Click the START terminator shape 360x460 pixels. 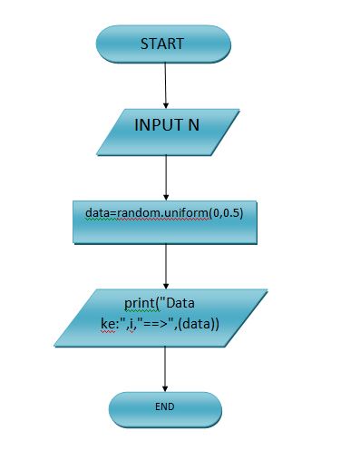pyautogui.click(x=163, y=44)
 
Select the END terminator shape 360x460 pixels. pyautogui.click(x=165, y=408)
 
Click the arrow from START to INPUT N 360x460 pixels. pyautogui.click(x=165, y=86)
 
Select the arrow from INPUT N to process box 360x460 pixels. pyautogui.click(x=165, y=177)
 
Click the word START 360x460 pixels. pyautogui.click(x=162, y=44)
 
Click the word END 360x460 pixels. pyautogui.click(x=165, y=407)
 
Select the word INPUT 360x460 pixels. pyautogui.click(x=159, y=125)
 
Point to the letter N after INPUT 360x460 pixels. pyautogui.click(x=193, y=125)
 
